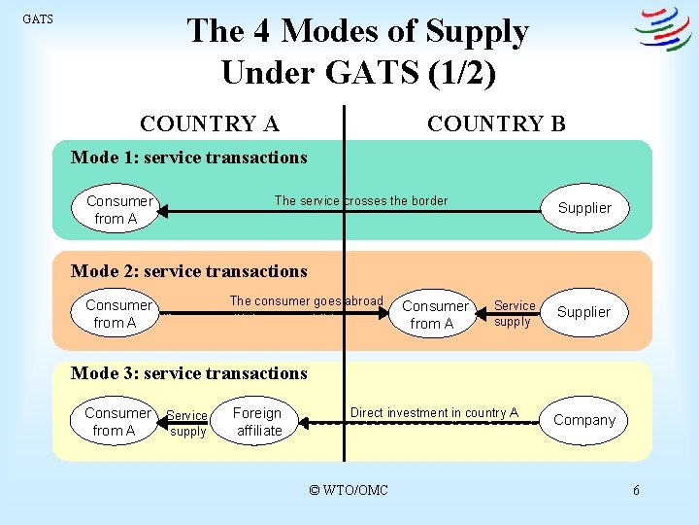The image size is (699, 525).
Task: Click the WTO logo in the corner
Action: tap(662, 29)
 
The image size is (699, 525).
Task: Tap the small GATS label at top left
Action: tap(38, 19)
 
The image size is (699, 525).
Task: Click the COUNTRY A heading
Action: tap(210, 123)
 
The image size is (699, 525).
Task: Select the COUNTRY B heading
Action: tap(496, 123)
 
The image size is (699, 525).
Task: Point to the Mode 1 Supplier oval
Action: tap(584, 208)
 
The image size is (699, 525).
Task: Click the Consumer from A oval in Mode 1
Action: tap(116, 210)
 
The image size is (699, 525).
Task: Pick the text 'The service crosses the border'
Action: tap(361, 201)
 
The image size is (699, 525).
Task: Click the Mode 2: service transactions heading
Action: tap(189, 271)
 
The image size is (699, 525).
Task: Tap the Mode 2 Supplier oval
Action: tap(583, 312)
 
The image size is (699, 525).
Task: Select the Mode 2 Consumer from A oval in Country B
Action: tap(435, 314)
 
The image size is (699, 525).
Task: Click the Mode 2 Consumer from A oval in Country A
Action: tap(116, 313)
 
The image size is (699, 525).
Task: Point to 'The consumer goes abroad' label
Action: tap(306, 301)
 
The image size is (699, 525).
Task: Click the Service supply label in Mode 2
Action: tap(514, 313)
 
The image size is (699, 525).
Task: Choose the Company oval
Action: tap(583, 420)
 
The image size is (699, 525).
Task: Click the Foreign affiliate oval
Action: tap(256, 422)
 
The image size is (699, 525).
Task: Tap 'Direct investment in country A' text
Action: tap(434, 413)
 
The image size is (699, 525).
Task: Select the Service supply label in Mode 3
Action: tap(186, 424)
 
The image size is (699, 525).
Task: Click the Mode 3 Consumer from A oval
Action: tap(116, 421)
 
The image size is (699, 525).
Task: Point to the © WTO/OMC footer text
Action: tap(348, 490)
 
